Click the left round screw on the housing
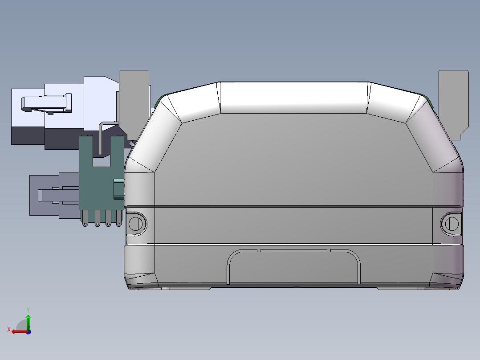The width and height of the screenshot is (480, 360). click(136, 224)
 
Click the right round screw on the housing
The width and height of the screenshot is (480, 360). click(452, 224)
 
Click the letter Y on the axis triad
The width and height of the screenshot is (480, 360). click(28, 310)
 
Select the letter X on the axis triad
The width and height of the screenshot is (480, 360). click(9, 329)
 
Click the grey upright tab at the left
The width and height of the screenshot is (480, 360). click(134, 104)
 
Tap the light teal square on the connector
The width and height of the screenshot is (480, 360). click(119, 189)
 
